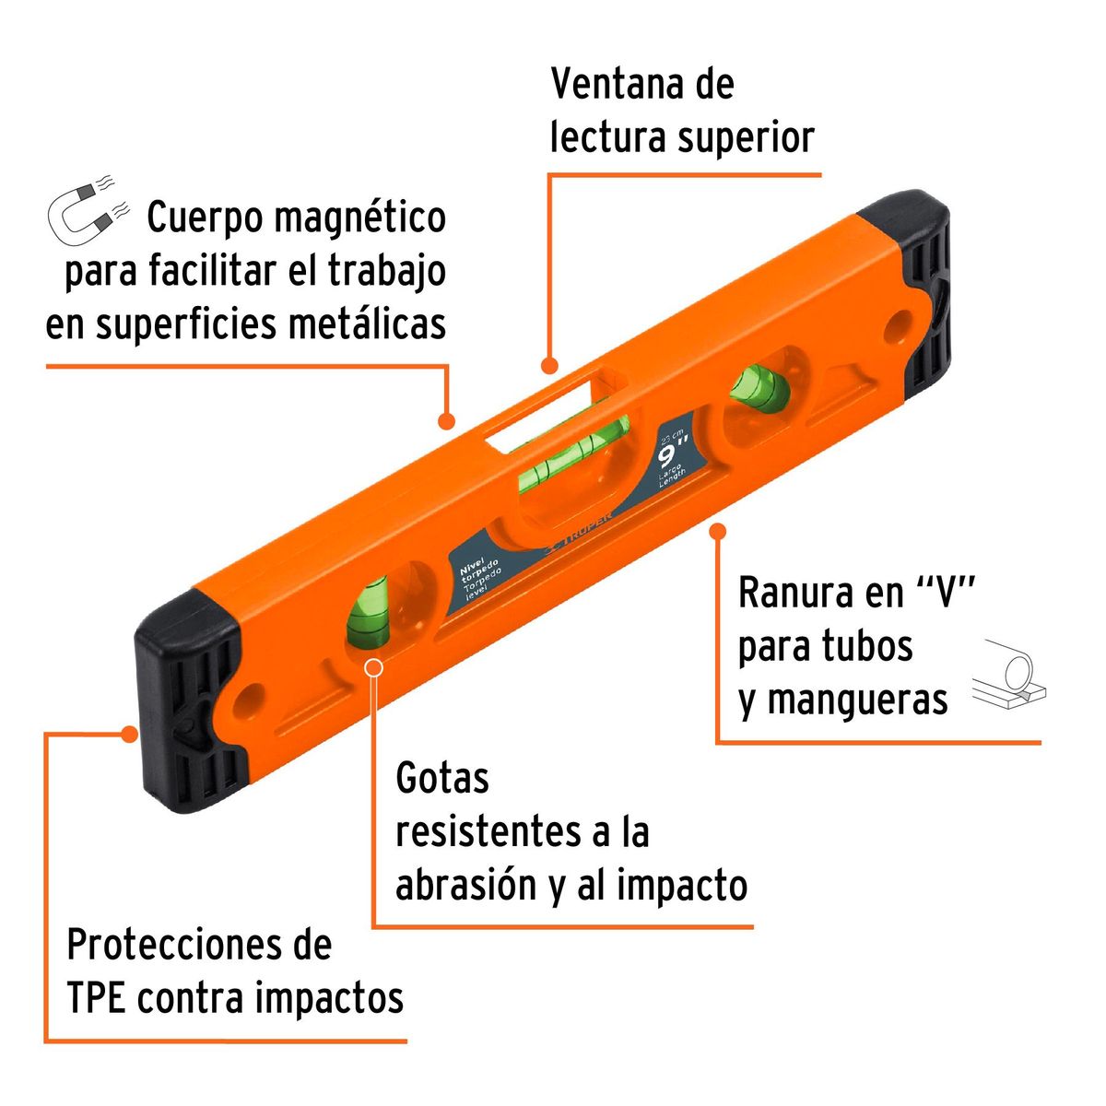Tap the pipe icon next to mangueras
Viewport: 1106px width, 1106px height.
pos(1010,676)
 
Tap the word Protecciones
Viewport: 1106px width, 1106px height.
pos(199,946)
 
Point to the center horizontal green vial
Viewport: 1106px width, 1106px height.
pos(571,451)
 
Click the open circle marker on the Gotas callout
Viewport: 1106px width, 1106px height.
pos(373,668)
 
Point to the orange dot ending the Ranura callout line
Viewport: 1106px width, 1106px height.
pos(718,531)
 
